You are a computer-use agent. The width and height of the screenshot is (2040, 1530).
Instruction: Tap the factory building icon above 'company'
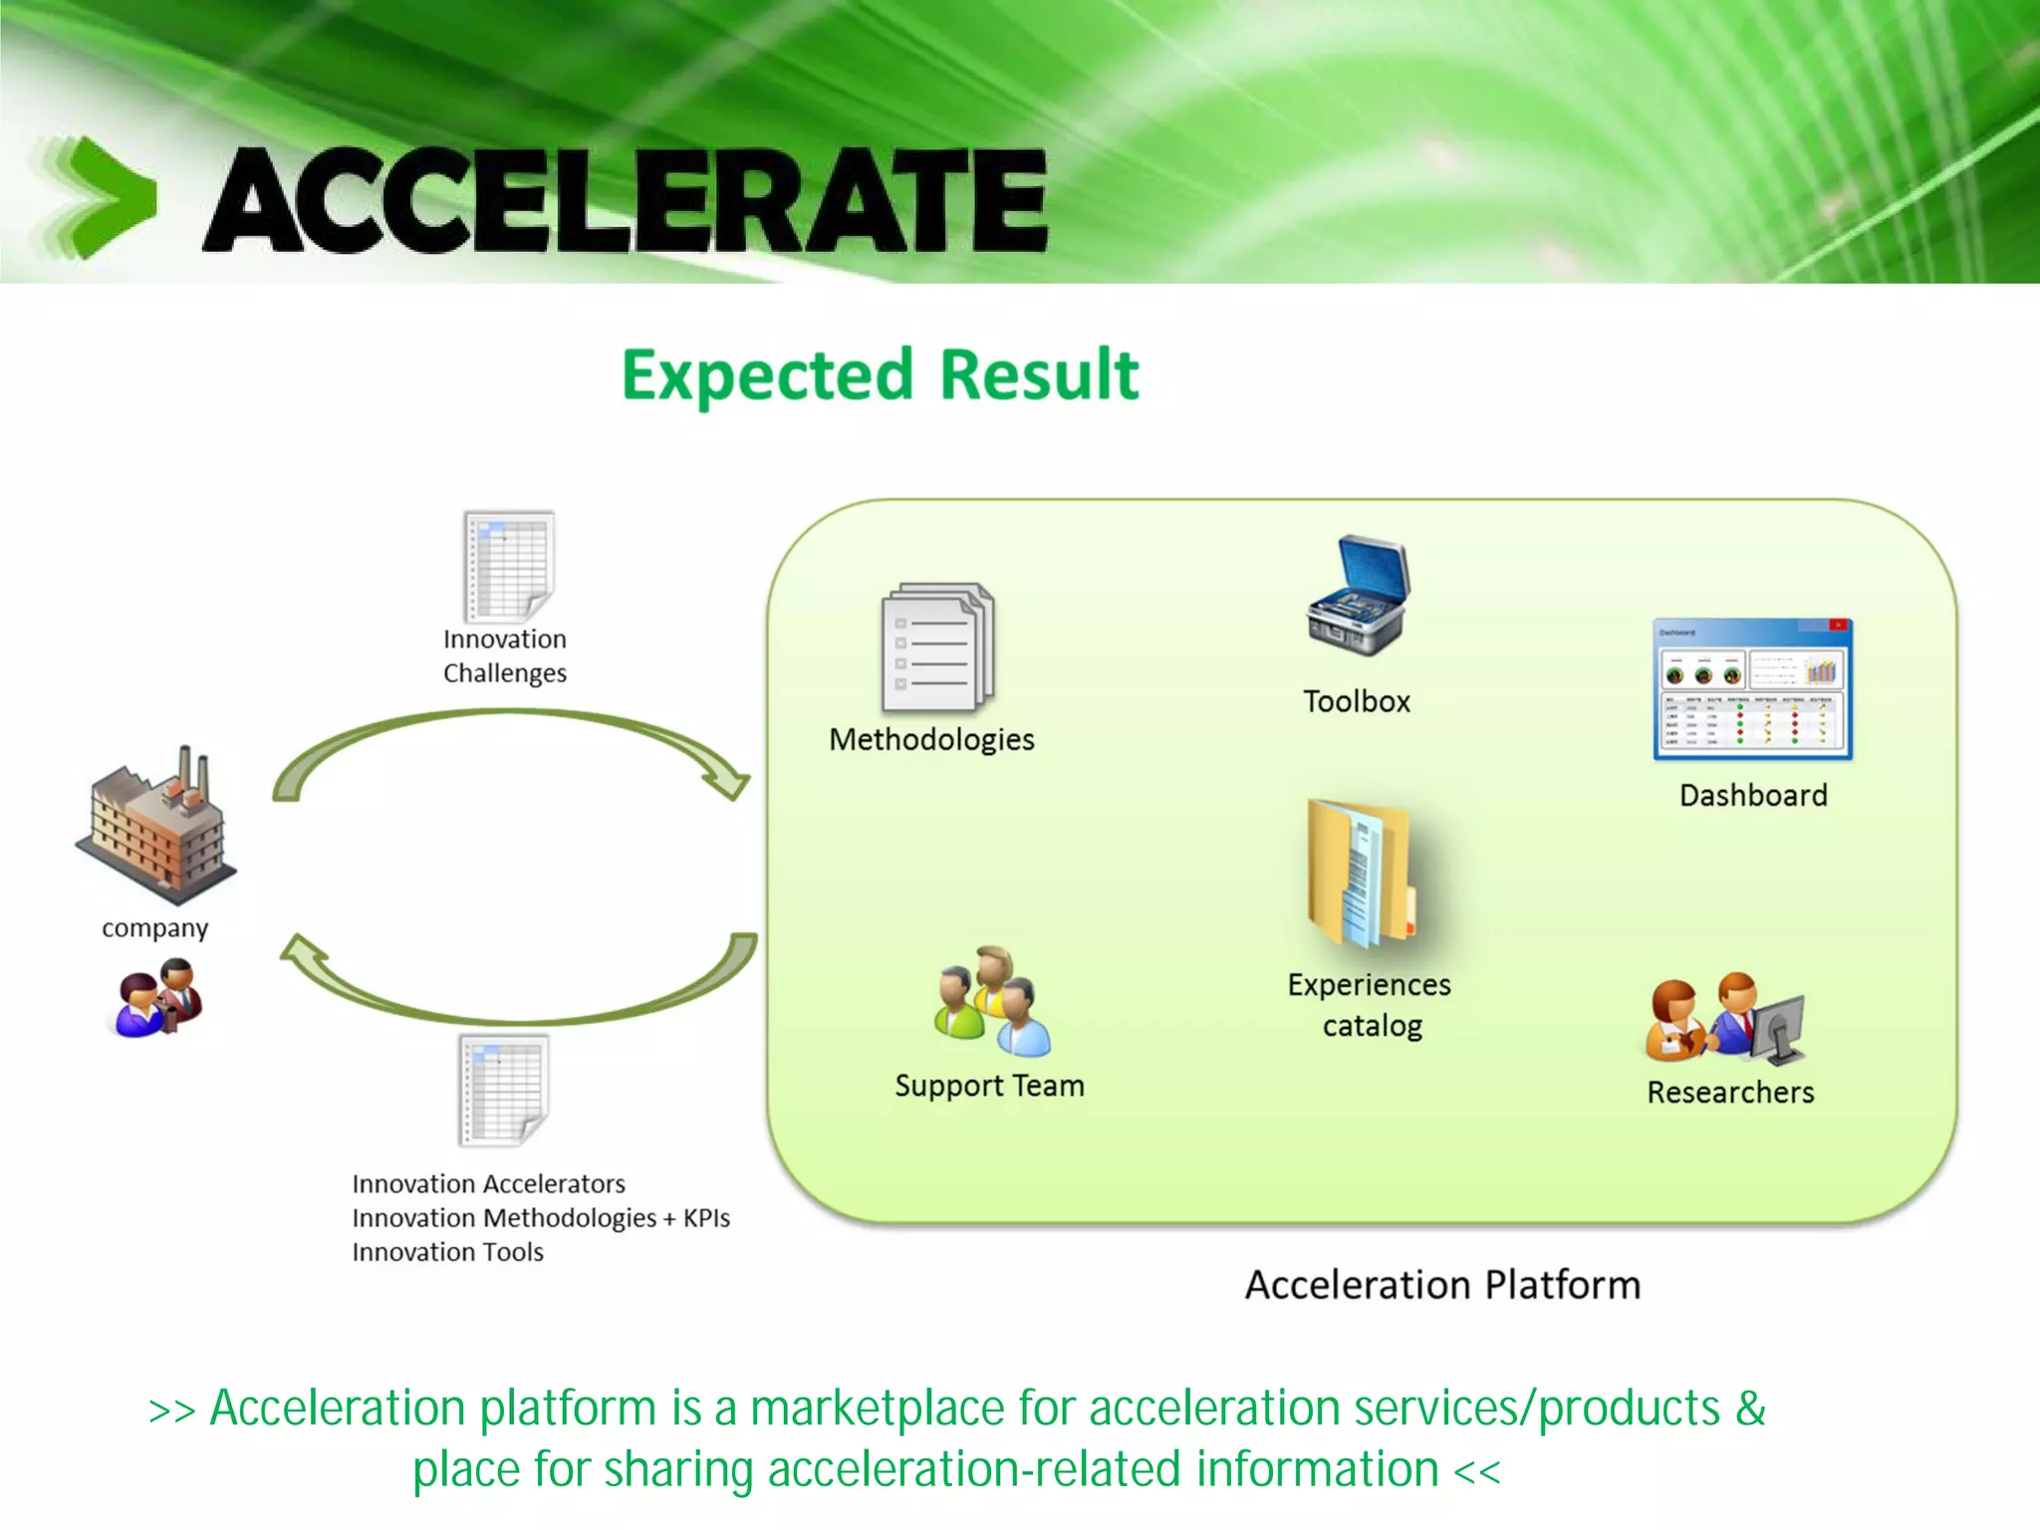[x=157, y=825]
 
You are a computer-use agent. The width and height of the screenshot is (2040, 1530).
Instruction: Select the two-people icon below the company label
[x=156, y=998]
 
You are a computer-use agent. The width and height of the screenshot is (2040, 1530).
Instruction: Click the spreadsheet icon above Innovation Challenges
[x=508, y=566]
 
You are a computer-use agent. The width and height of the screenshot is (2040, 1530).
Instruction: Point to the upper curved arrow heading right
[x=508, y=737]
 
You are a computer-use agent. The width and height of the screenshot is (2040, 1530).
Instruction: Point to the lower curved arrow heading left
[x=518, y=996]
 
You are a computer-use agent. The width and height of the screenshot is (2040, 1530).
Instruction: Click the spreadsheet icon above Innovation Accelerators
[x=504, y=1090]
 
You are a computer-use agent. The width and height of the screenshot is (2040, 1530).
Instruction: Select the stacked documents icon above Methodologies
[x=937, y=647]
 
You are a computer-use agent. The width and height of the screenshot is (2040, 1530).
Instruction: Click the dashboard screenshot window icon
[x=1752, y=689]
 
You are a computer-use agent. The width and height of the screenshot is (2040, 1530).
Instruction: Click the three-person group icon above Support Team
[x=991, y=1001]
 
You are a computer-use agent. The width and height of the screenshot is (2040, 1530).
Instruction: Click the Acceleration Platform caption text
[x=1442, y=1285]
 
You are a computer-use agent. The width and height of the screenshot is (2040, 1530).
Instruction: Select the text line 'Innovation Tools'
[x=447, y=1252]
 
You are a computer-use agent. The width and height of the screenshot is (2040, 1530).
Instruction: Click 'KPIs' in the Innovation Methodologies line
[x=706, y=1218]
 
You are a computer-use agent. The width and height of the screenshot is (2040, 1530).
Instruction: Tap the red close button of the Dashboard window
[x=1838, y=626]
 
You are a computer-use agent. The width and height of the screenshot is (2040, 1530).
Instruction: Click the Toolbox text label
[x=1357, y=701]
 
